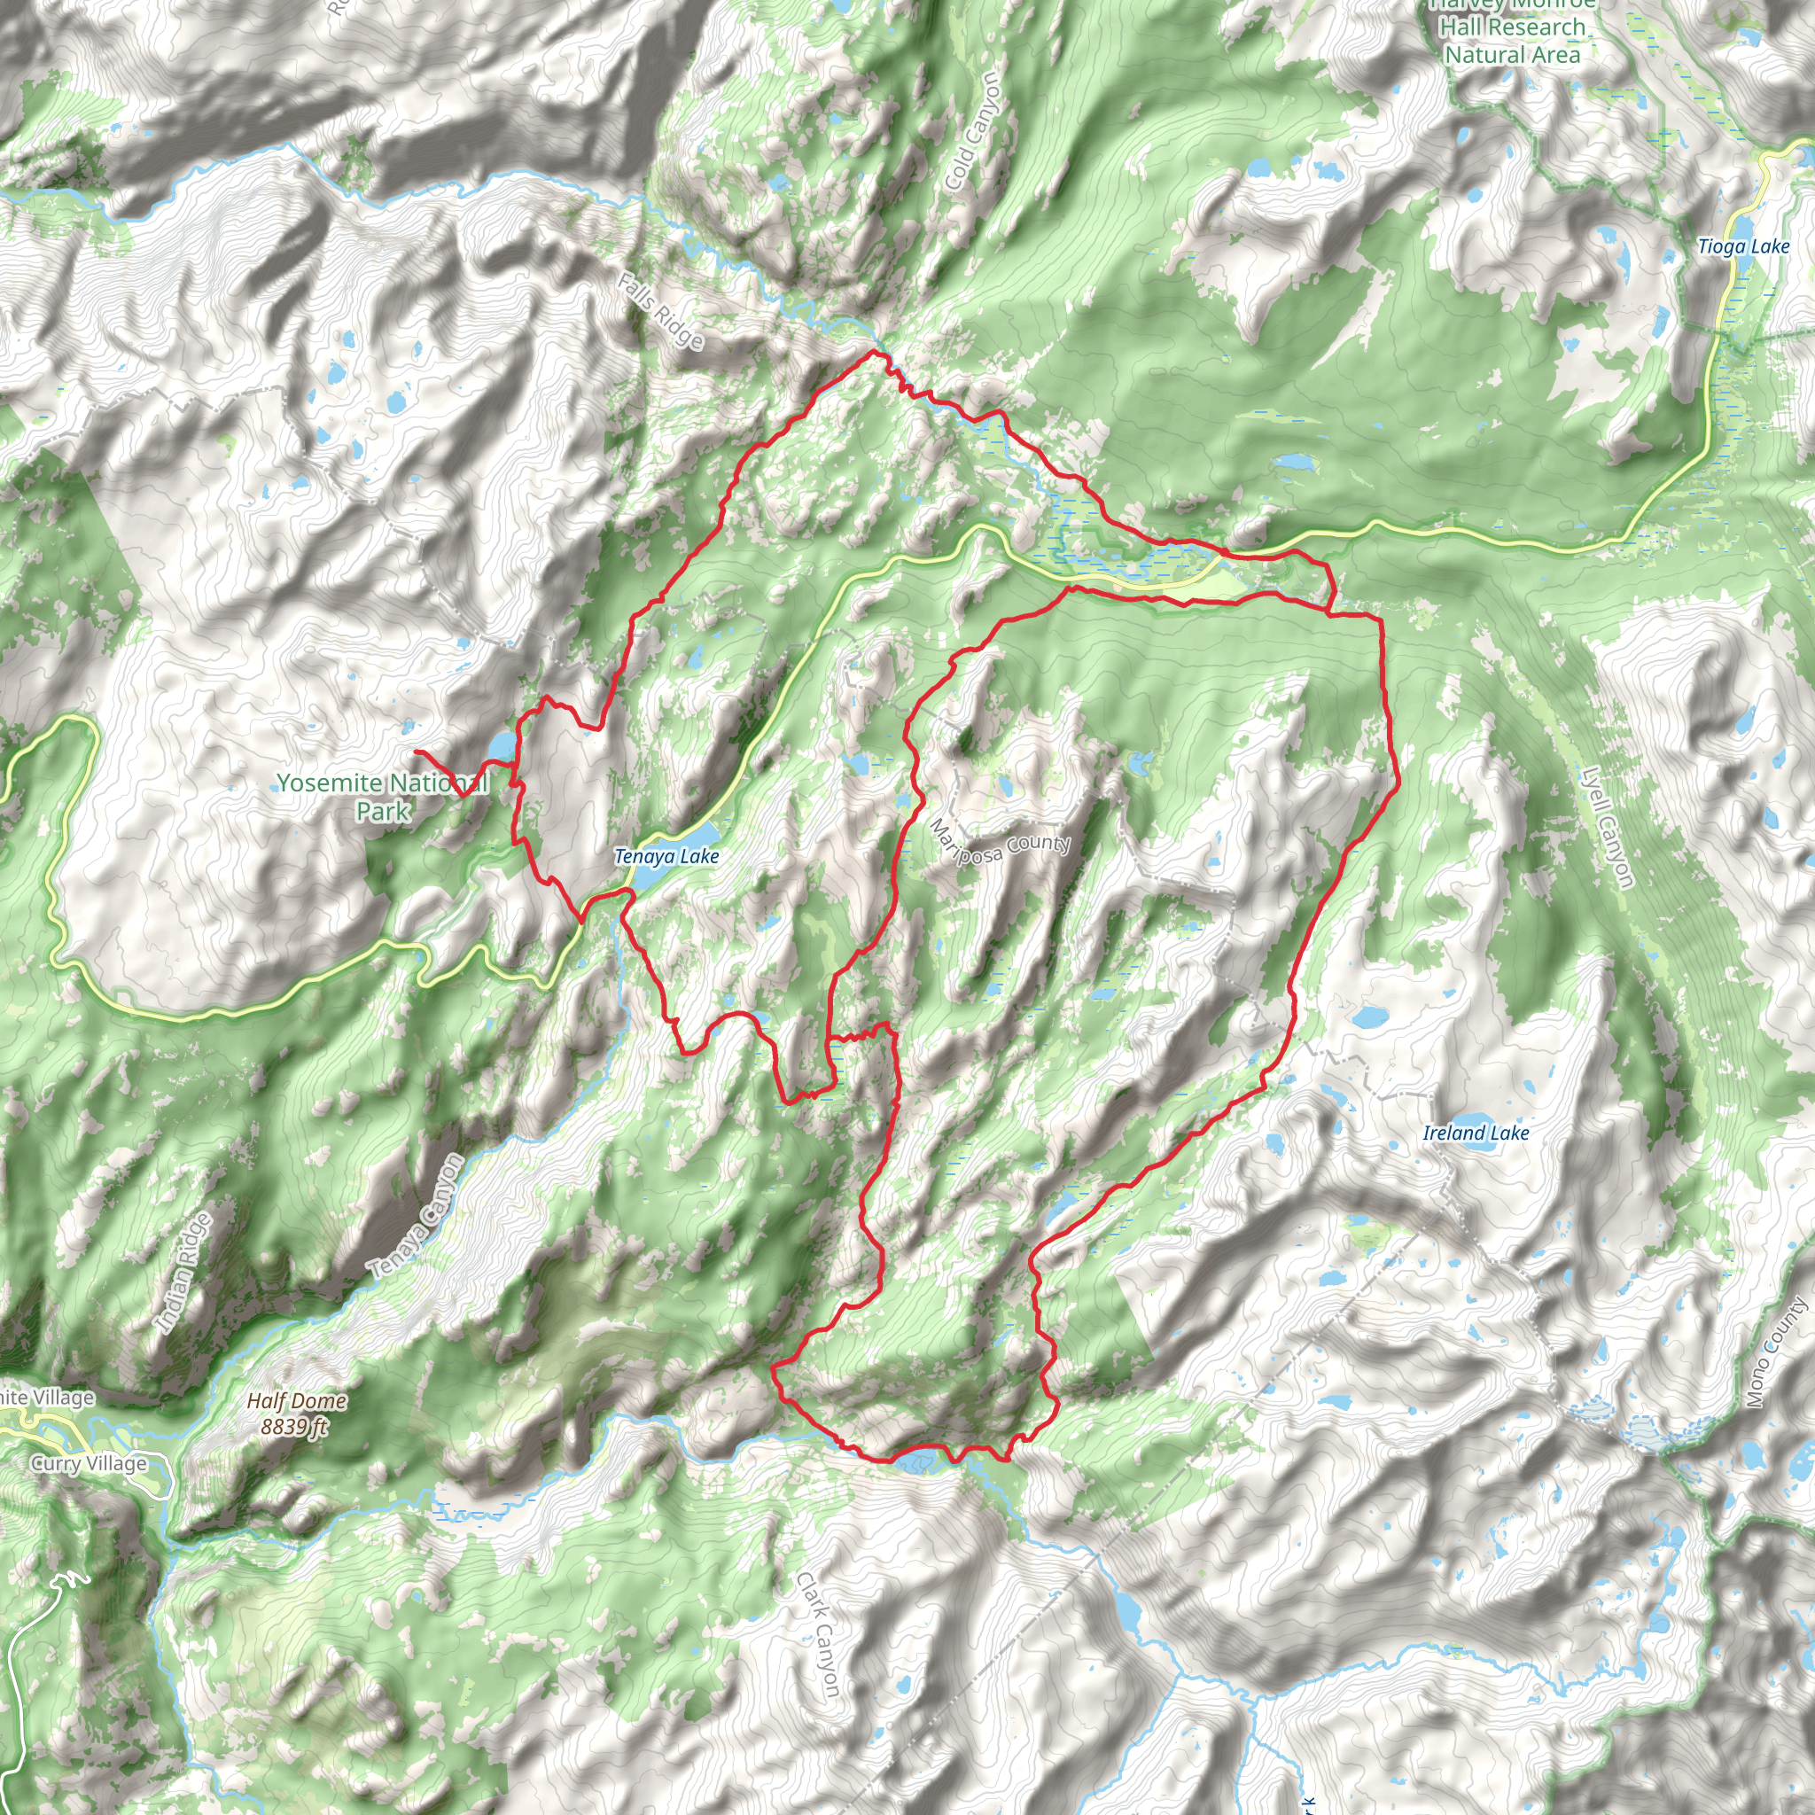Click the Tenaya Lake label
click(666, 856)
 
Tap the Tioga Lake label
click(1743, 246)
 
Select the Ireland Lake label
click(1475, 1133)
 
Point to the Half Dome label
click(297, 1401)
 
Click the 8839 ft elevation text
click(294, 1427)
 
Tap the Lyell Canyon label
click(1608, 827)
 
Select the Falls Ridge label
click(660, 310)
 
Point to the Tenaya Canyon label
click(417, 1216)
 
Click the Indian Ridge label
click(183, 1273)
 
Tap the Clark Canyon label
click(817, 1634)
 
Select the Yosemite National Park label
click(382, 797)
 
